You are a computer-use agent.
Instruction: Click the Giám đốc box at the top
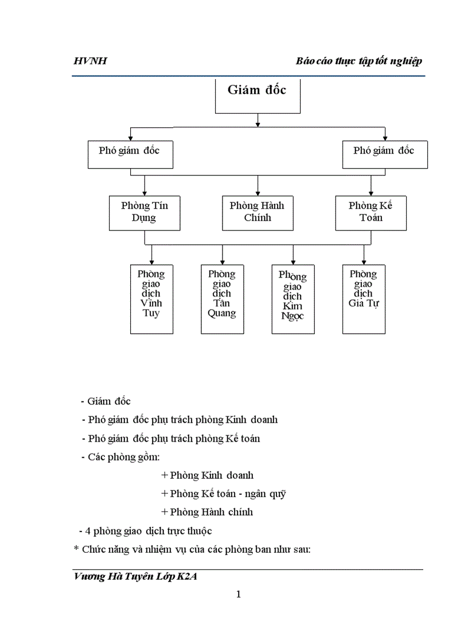(x=258, y=96)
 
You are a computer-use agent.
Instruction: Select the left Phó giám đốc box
(x=130, y=155)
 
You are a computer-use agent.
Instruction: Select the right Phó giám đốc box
(x=384, y=155)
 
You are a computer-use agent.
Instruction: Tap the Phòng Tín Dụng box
(x=145, y=213)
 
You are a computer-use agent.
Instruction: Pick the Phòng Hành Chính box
(x=258, y=213)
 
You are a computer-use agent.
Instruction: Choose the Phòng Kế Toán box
(x=371, y=213)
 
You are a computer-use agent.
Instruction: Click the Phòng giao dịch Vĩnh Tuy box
(x=151, y=299)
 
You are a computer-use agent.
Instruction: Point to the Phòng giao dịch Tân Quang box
(x=222, y=299)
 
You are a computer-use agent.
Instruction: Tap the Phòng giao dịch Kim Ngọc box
(x=293, y=299)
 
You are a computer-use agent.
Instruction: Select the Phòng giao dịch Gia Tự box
(x=364, y=299)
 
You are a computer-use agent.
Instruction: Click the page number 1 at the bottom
(x=238, y=595)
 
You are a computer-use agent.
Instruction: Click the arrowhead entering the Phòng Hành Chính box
(x=258, y=193)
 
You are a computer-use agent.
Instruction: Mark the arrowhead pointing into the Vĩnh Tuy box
(x=151, y=261)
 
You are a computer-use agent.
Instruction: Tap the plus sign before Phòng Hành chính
(x=165, y=512)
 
